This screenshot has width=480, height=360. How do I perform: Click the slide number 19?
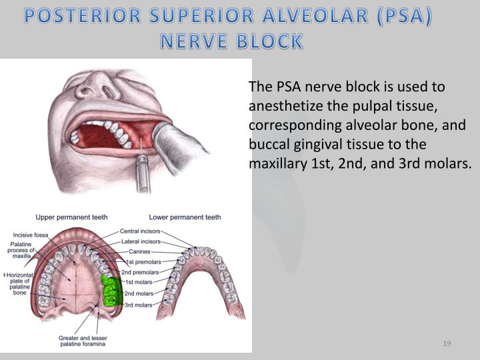[x=447, y=343]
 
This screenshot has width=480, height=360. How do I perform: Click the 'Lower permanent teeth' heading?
[x=185, y=217]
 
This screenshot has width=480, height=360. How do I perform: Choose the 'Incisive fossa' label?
[x=30, y=235]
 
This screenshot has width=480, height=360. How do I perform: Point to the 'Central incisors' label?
[x=140, y=231]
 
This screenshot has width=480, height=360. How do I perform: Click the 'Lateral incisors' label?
[x=140, y=241]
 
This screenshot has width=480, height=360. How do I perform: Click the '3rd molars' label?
[x=138, y=304]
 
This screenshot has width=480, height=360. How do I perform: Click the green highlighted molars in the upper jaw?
[x=111, y=289]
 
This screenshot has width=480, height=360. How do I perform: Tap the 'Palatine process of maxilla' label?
[x=22, y=250]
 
